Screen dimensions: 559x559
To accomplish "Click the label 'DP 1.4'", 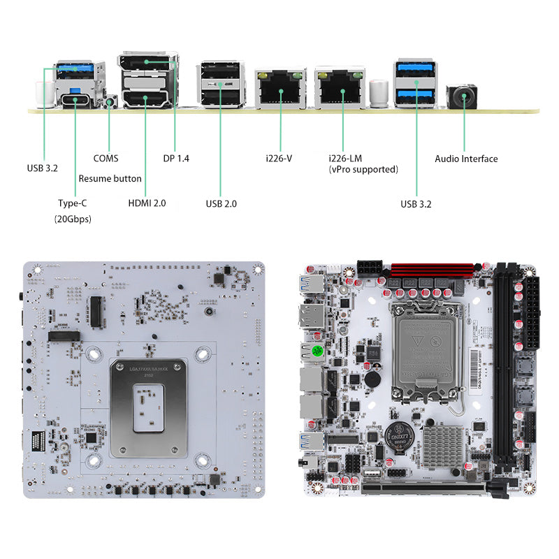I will [176, 159].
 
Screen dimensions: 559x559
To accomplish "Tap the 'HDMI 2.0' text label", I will [147, 203].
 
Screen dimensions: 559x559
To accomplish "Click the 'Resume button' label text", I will [110, 179].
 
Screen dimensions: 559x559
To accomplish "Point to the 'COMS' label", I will [106, 159].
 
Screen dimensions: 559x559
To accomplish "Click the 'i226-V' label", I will [279, 159].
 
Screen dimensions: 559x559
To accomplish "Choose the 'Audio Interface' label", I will [466, 159].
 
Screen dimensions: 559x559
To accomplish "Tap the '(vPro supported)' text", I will [363, 169].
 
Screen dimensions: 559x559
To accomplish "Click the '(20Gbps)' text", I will [73, 219].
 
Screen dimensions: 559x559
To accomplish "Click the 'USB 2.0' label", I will [221, 203].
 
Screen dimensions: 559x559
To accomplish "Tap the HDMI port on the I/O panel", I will [145, 99].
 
